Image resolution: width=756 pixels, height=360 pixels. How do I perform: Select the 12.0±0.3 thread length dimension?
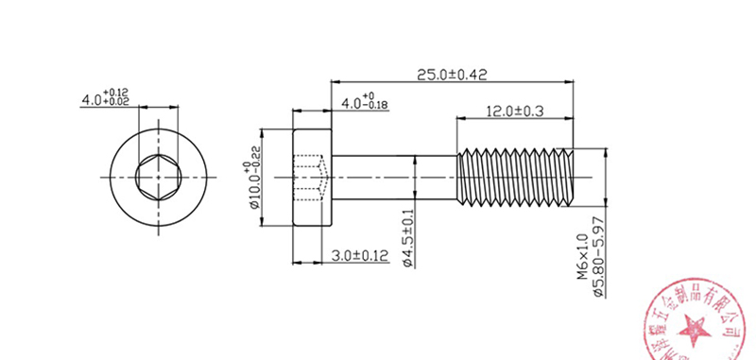pos(514,111)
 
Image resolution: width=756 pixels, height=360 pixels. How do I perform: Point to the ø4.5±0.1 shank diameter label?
pos(407,236)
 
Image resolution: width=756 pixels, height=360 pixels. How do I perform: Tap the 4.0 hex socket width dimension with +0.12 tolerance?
pos(105,97)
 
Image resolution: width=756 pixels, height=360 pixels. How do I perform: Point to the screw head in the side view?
pos(312,177)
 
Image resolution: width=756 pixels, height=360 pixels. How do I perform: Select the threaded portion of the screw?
pos(515,177)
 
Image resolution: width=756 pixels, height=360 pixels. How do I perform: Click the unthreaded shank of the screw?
pos(392,177)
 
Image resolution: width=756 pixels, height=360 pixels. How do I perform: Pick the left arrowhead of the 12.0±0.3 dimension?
pos(461,119)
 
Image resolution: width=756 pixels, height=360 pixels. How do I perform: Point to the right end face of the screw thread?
pos(574,177)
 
